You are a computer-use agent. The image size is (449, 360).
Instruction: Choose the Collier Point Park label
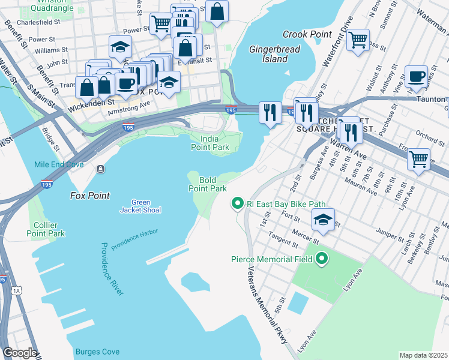pos(46,229)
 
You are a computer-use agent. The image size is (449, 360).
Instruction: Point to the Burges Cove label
pos(97,352)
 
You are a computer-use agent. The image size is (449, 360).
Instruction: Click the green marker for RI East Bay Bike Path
pos(237,205)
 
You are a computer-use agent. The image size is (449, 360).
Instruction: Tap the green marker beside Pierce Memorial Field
pos(322,259)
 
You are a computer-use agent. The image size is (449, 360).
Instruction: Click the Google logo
pos(20,353)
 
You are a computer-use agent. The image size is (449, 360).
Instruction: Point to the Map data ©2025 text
pos(423,355)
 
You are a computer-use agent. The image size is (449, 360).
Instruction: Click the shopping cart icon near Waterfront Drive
pos(358,40)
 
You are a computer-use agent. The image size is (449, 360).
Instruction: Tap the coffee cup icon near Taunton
pos(416,77)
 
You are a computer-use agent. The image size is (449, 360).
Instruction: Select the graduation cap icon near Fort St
pos(323,220)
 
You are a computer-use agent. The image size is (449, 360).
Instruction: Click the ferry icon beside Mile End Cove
pos(100,169)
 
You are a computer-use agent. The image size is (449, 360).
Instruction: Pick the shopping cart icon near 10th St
pos(418,160)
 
